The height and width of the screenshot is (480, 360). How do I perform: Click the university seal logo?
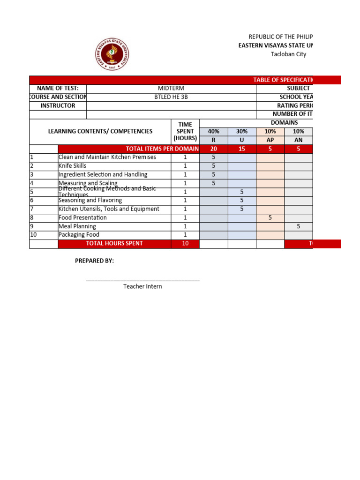(112, 53)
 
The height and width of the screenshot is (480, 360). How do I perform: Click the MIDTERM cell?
(171, 88)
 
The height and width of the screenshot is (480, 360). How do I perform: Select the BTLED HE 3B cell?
(171, 97)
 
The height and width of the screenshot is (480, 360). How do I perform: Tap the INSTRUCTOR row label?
(58, 105)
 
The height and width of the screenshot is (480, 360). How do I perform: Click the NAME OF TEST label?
(58, 88)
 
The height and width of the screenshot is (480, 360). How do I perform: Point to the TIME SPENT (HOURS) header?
(185, 131)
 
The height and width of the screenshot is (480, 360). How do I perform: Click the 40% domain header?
(213, 132)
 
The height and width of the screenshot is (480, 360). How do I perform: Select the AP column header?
(270, 140)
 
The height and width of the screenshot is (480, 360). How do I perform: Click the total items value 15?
(242, 149)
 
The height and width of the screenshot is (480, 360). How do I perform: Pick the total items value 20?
(213, 149)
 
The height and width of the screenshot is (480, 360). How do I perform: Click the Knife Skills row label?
(72, 166)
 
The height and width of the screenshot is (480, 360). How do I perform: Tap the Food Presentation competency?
(82, 217)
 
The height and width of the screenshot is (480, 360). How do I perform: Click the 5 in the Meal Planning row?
(299, 226)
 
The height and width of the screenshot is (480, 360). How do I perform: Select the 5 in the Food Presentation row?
(270, 217)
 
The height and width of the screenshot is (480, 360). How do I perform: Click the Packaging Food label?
(79, 235)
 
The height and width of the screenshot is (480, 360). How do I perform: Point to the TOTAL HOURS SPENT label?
(114, 244)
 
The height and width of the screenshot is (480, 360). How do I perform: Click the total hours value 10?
(185, 244)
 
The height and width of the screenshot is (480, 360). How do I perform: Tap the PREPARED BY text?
(94, 261)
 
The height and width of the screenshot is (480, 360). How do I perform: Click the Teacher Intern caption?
(142, 286)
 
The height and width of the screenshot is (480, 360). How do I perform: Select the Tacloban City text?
(288, 54)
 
